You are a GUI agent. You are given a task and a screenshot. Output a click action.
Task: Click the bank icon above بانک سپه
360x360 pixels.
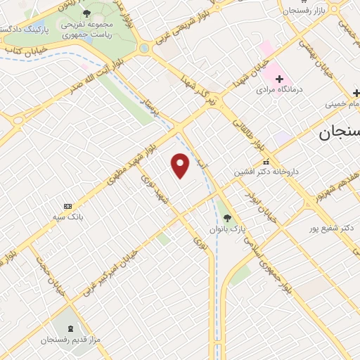pyautogui.click(x=67, y=206)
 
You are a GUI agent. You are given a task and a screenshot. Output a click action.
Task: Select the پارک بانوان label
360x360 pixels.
pyautogui.click(x=226, y=229)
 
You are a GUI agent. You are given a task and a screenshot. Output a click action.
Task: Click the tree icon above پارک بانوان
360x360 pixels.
pyautogui.click(x=226, y=217)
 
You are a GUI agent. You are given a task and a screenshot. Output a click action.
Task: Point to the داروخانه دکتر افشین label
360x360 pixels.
pyautogui.click(x=265, y=172)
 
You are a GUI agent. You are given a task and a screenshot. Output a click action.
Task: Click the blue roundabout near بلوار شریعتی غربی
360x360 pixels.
pyautogui.click(x=145, y=49)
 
